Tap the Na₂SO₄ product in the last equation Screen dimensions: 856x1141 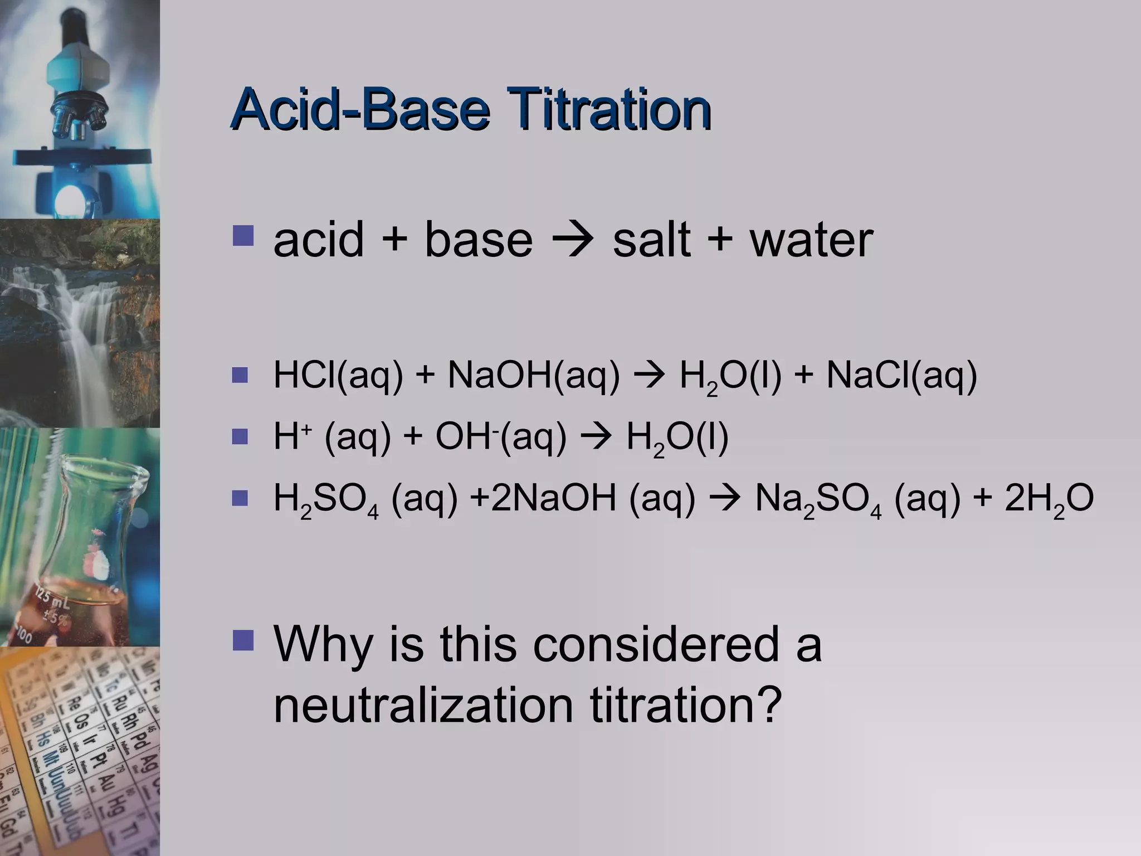coord(818,499)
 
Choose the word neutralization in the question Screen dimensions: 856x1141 coord(423,704)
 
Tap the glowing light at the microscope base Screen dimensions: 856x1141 coord(70,198)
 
